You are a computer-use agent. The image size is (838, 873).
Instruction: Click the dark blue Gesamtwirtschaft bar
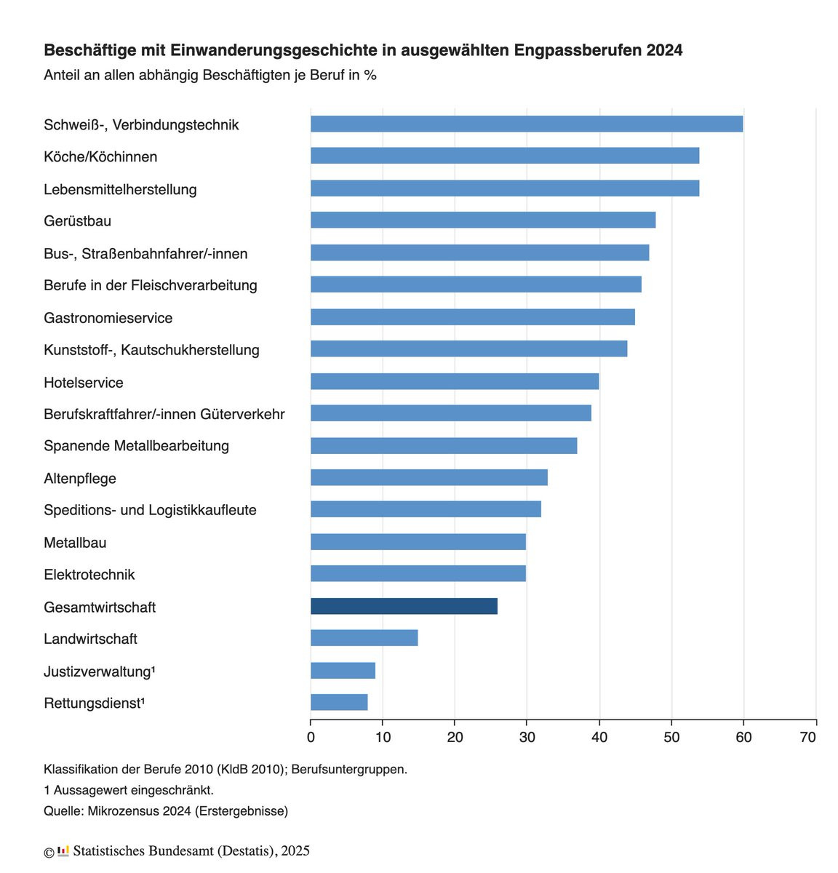click(x=404, y=606)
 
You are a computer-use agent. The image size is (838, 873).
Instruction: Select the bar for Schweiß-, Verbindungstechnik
click(x=527, y=124)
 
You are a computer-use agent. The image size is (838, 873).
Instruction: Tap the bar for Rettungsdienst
click(x=339, y=702)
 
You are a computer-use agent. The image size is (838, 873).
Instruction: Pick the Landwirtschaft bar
click(x=364, y=638)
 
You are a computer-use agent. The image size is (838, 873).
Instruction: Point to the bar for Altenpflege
click(x=429, y=477)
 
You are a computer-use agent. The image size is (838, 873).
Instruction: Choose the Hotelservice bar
click(x=455, y=381)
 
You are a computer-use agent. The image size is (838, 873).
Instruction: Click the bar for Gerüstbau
click(x=483, y=220)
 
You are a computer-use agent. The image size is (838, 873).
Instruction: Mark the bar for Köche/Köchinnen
click(x=505, y=156)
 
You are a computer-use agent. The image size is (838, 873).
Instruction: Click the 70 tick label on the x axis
click(x=808, y=737)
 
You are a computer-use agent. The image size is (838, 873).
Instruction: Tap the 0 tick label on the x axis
click(x=311, y=737)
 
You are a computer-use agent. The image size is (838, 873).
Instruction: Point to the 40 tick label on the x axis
click(x=599, y=737)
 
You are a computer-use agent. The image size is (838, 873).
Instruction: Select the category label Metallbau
click(x=75, y=543)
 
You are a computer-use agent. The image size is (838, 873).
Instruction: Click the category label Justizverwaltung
click(x=99, y=671)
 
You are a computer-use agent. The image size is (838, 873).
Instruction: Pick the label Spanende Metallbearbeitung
click(x=136, y=445)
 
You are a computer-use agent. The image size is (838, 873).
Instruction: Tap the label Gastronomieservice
click(x=108, y=318)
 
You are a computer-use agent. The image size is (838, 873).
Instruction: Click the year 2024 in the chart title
click(x=664, y=49)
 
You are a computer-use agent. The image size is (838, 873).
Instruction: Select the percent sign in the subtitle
click(x=370, y=75)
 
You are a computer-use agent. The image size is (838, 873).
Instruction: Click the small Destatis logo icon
click(x=63, y=850)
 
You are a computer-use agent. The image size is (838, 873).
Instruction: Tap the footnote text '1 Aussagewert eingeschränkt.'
click(x=128, y=789)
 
